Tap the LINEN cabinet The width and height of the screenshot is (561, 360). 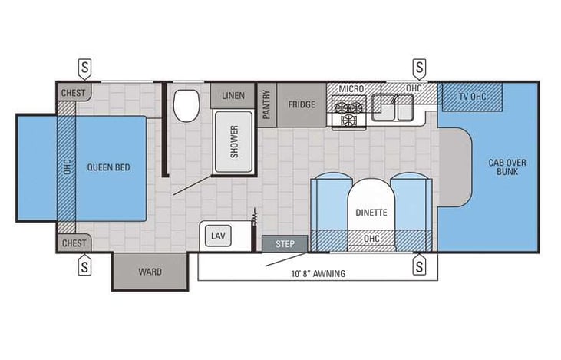click(233, 95)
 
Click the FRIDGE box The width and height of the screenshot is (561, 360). click(302, 104)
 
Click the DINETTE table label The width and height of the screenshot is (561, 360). click(371, 213)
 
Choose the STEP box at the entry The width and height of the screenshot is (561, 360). click(285, 244)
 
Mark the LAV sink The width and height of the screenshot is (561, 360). click(217, 236)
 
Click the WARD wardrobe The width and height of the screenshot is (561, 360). click(150, 272)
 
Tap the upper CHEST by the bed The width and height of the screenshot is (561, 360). click(74, 92)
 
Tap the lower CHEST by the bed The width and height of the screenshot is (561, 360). click(74, 243)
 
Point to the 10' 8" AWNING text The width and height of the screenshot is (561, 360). click(318, 273)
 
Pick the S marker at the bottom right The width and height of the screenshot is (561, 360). click(419, 266)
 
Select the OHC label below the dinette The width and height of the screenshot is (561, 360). click(371, 239)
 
